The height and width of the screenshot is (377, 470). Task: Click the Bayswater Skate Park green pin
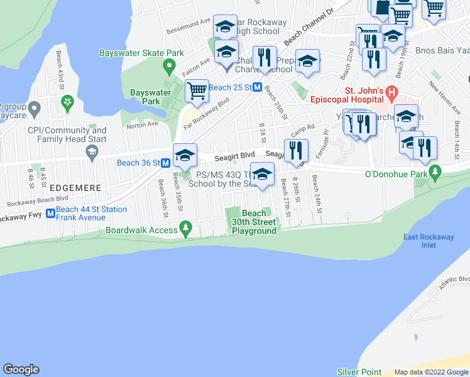168,65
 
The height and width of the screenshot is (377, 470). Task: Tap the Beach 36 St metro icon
166,163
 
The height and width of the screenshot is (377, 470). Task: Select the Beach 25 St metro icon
257,88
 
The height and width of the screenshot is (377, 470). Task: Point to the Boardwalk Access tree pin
185,227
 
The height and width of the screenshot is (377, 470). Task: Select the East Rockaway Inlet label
429,241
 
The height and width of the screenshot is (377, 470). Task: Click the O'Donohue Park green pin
435,170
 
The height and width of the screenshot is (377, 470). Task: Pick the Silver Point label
359,372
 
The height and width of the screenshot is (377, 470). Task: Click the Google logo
21,369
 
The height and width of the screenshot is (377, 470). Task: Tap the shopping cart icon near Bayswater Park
197,90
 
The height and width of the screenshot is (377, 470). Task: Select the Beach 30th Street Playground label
254,222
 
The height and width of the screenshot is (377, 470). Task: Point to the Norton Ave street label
142,124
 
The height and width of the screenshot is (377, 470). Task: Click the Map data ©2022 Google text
430,372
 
